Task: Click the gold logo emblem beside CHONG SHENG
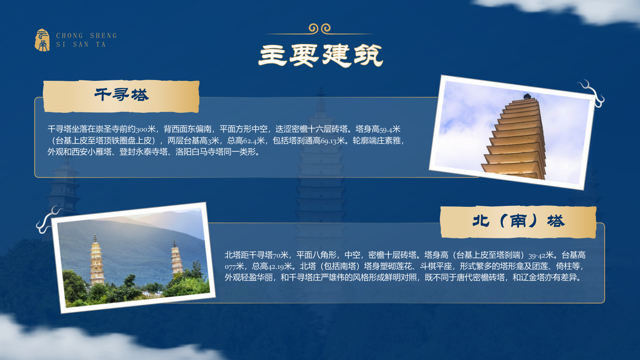tap(42, 40)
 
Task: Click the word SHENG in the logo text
tap(103, 36)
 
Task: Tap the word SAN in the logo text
tap(81, 44)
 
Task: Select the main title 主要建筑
tap(320, 55)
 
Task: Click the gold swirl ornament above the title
tap(320, 28)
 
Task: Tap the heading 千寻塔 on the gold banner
tap(122, 95)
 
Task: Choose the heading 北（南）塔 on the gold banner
tap(518, 221)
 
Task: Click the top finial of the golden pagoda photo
tap(527, 96)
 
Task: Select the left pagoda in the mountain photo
tap(96, 260)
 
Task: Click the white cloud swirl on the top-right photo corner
tap(592, 93)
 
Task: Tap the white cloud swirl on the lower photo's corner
tap(48, 219)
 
